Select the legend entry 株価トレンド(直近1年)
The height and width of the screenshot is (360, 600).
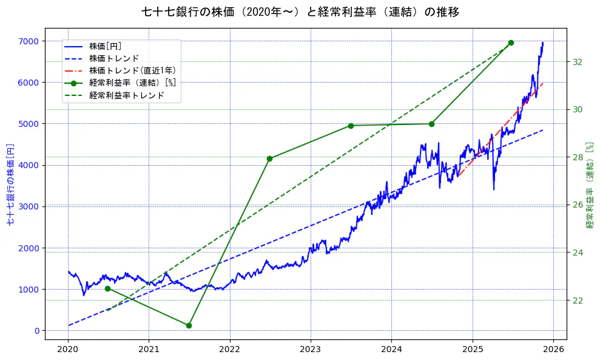coord(132,70)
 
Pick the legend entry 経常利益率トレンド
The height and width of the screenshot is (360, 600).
coord(126,95)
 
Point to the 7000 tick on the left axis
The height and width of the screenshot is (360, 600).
coord(29,41)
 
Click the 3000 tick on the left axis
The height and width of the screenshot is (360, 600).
coord(29,206)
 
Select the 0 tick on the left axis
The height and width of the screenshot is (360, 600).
coord(37,331)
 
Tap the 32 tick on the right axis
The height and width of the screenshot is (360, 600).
coord(578,62)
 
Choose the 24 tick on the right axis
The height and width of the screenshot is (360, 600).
coord(578,253)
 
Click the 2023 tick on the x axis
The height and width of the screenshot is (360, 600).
coord(310,350)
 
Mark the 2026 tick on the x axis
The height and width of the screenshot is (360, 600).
coord(553,350)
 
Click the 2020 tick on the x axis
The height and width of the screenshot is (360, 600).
coord(68,350)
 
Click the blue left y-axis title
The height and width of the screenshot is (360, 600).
coord(10,185)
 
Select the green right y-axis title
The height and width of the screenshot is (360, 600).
coord(589,185)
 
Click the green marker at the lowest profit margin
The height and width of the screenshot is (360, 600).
coord(189,325)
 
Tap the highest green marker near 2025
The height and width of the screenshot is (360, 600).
coord(511,42)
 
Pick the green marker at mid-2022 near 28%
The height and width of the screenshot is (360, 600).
coord(269,158)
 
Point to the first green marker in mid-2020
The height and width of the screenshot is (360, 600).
coord(107,288)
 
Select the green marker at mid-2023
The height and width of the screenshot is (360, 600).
coord(351,126)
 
